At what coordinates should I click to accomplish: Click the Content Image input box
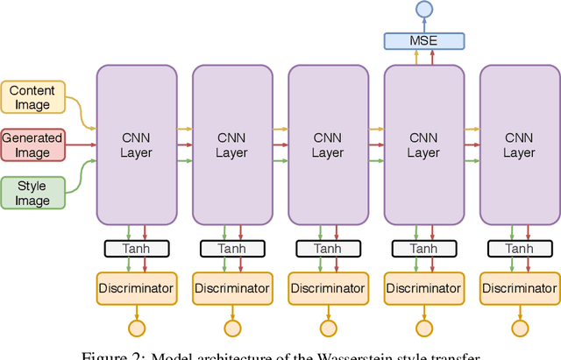point(32,98)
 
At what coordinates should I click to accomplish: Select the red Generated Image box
point(32,145)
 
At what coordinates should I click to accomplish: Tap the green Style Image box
point(32,193)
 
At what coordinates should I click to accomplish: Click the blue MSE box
point(424,40)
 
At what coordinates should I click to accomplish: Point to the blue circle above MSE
point(424,10)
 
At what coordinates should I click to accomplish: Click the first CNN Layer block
point(136,144)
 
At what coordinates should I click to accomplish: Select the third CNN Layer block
point(328,144)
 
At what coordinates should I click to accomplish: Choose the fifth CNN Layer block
point(520,144)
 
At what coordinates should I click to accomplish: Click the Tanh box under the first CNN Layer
point(136,249)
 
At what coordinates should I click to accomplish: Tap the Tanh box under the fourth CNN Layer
point(424,249)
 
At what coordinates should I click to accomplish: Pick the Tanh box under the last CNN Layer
point(520,249)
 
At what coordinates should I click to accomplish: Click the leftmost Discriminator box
point(136,286)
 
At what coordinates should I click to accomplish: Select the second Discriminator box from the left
point(232,286)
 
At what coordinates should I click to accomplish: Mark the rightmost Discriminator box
point(520,286)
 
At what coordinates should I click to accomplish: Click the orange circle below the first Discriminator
point(136,328)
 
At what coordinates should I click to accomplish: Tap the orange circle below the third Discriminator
point(328,328)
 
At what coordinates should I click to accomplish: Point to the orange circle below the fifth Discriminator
point(520,328)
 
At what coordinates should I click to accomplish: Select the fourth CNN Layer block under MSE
point(424,144)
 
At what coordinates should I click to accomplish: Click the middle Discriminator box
point(328,286)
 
